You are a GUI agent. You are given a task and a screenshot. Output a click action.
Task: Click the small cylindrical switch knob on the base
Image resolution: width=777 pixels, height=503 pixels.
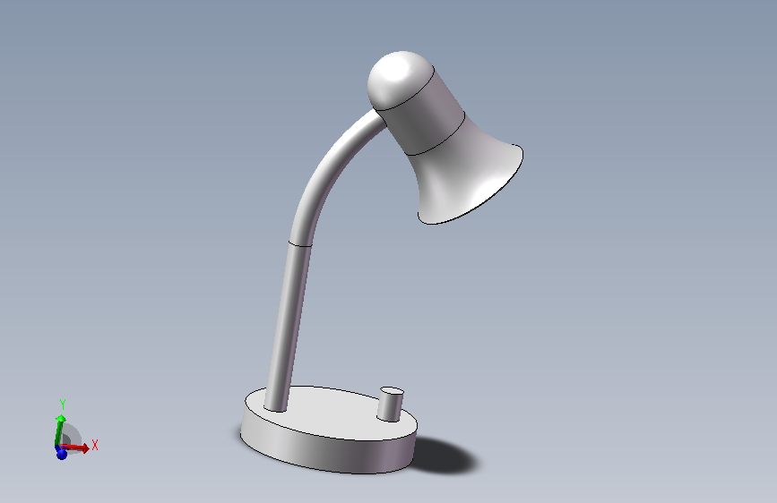(390, 405)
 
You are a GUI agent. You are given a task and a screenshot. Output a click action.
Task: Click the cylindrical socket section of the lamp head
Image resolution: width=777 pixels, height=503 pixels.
(421, 111)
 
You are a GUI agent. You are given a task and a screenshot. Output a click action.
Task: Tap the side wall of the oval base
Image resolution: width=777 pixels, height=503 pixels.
(327, 453)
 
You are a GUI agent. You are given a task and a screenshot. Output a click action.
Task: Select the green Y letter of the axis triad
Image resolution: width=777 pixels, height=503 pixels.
(63, 405)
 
